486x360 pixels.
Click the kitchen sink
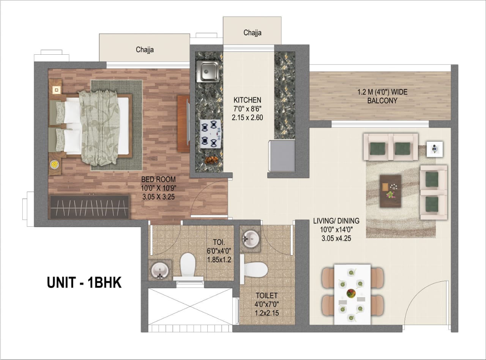coord(208,71)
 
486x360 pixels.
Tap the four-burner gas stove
coord(210,134)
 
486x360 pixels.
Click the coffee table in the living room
coord(390,191)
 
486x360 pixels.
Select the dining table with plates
coord(352,294)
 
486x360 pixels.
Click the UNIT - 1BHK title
coord(84,283)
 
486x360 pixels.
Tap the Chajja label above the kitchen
coord(252,33)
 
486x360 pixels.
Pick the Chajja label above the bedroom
coord(145,49)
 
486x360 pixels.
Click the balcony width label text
coord(382,96)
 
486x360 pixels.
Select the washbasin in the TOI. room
coord(160,270)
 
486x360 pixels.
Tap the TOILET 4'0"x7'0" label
coord(267,304)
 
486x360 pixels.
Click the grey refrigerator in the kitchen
coord(282,156)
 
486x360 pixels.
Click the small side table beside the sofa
coord(434,149)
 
